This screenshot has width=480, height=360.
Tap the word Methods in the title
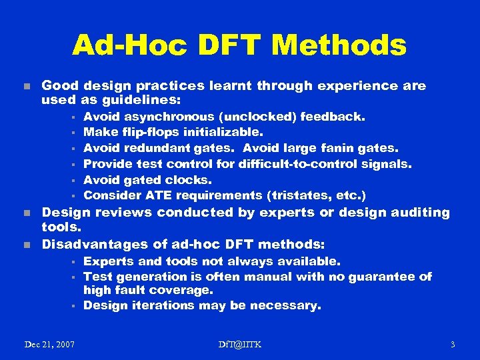click(x=339, y=45)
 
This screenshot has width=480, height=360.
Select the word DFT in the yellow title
click(x=228, y=45)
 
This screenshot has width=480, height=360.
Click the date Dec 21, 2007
click(x=49, y=344)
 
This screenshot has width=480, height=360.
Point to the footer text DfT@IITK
click(x=240, y=344)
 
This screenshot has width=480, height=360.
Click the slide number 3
click(x=453, y=344)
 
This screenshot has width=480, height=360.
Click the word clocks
click(x=190, y=179)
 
